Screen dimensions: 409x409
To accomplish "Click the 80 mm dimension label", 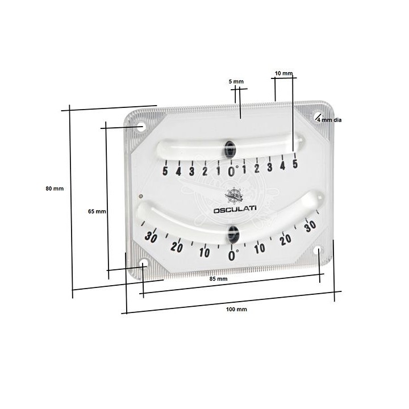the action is click(x=55, y=189).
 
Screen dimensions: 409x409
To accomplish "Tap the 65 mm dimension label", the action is click(x=97, y=211).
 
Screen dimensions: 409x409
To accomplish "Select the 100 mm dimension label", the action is click(x=236, y=310).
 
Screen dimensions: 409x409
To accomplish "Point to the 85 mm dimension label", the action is click(x=218, y=279).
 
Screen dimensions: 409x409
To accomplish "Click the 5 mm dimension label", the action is click(x=236, y=82).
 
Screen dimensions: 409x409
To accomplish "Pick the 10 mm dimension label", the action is click(x=284, y=73).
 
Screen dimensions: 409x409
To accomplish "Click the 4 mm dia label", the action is click(x=329, y=120).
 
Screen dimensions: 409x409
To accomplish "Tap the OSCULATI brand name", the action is click(x=235, y=210).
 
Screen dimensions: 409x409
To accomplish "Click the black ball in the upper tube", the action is click(x=230, y=149).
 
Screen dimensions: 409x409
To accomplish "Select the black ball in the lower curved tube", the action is click(x=233, y=234).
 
